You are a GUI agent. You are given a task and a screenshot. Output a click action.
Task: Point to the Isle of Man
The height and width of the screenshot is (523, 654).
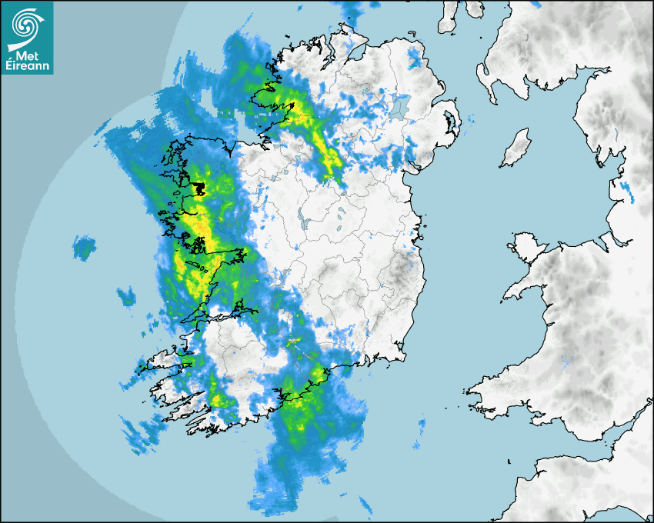click(x=516, y=149)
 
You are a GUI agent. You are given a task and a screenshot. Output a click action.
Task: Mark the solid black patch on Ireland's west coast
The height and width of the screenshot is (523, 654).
click(x=199, y=188)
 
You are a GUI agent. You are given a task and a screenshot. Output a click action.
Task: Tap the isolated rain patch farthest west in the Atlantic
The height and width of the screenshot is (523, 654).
click(x=84, y=248)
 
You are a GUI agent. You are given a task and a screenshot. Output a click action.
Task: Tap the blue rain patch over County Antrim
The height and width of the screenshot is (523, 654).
click(x=415, y=58)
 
